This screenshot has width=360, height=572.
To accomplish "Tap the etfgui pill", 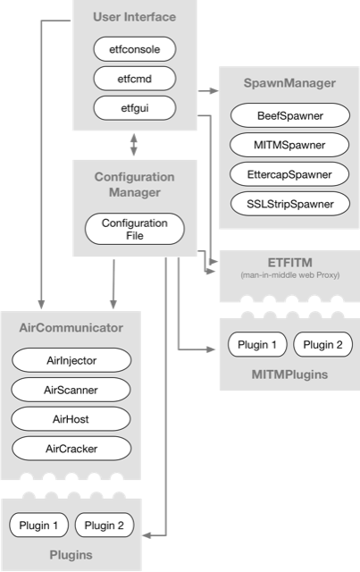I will pyautogui.click(x=134, y=108).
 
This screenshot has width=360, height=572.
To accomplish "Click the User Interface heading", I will pyautogui.click(x=134, y=17).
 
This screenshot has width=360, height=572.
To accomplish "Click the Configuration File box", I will pyautogui.click(x=134, y=228).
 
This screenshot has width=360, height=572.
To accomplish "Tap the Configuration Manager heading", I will pyautogui.click(x=134, y=184).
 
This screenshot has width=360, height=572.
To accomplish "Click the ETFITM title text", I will pyautogui.click(x=282, y=259).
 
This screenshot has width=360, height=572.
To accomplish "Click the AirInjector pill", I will pyautogui.click(x=71, y=360).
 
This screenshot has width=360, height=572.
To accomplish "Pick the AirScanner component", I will pyautogui.click(x=71, y=390).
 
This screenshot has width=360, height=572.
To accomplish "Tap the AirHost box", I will pyautogui.click(x=71, y=418).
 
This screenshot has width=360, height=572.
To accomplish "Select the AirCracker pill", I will pyautogui.click(x=71, y=448).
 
